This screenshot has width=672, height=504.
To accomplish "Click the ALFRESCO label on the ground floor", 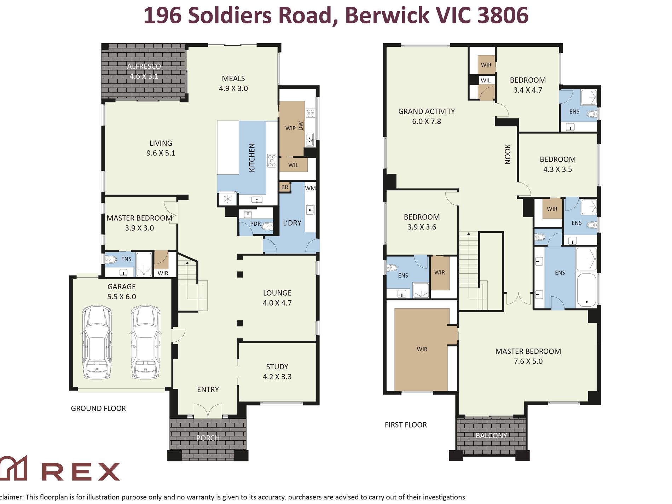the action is click(x=144, y=66).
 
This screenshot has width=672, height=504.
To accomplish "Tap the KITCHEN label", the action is click(x=252, y=157).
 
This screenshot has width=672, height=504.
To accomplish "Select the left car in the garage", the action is click(x=97, y=342).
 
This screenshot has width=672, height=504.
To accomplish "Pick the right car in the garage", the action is click(x=145, y=342).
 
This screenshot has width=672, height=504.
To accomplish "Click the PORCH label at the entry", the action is click(x=208, y=438).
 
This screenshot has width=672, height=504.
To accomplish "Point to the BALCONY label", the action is click(x=491, y=435).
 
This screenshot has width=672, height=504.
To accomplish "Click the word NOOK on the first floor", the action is click(x=508, y=154).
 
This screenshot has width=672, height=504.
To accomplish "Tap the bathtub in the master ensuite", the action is click(x=586, y=290).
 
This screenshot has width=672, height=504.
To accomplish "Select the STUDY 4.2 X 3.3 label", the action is click(x=277, y=372).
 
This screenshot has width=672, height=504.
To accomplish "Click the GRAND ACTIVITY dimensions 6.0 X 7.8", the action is click(x=427, y=121).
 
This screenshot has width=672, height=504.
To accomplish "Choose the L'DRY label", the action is click(x=292, y=223).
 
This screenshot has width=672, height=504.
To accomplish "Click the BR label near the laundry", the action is click(x=285, y=187).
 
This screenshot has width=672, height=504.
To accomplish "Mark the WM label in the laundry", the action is click(x=310, y=188).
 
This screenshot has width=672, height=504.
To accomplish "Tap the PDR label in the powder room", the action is click(x=255, y=224).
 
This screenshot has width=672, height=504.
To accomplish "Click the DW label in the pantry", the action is click(x=301, y=126).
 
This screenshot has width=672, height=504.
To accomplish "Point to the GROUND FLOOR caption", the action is click(x=98, y=408).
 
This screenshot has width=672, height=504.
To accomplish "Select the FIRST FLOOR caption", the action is click(x=406, y=425).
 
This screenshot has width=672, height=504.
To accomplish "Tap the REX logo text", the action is click(x=81, y=471).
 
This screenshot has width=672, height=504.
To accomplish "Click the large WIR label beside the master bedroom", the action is click(x=422, y=349).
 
